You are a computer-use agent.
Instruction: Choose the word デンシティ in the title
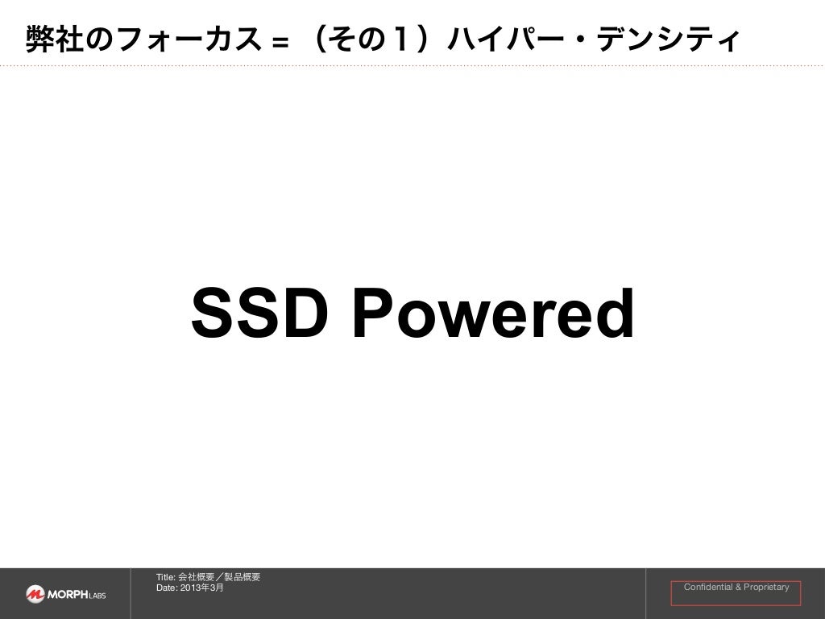pos(665,39)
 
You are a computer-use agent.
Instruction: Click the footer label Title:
pos(165,577)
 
